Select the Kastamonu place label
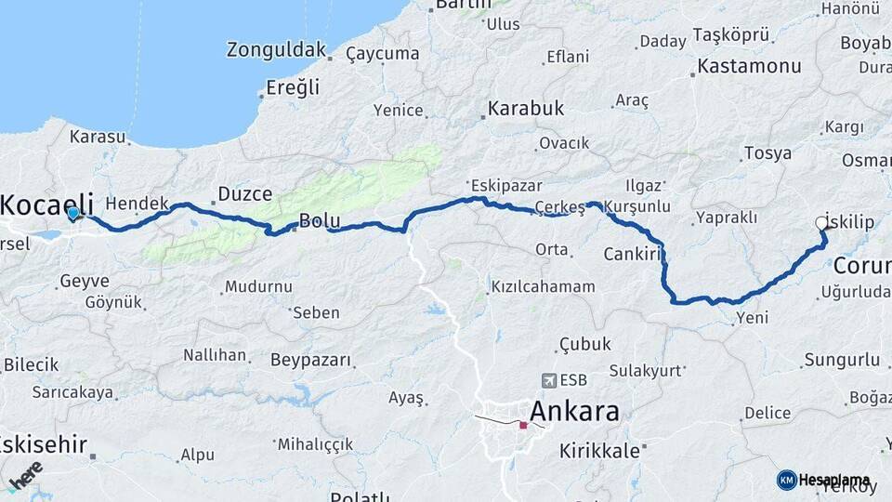pyautogui.click(x=749, y=66)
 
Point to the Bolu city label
pyautogui.click(x=320, y=221)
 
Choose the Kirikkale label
pyautogui.click(x=599, y=451)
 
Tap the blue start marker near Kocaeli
pyautogui.click(x=73, y=213)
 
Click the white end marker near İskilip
pyautogui.click(x=821, y=223)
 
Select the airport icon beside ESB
pyautogui.click(x=548, y=380)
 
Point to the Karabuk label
pyautogui.click(x=527, y=109)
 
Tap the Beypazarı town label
pyautogui.click(x=310, y=359)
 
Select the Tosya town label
pyautogui.click(x=767, y=153)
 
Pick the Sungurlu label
pyautogui.click(x=842, y=359)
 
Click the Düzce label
pyautogui.click(x=244, y=194)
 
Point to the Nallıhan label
pyautogui.click(x=215, y=355)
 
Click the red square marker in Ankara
pyautogui.click(x=523, y=426)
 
